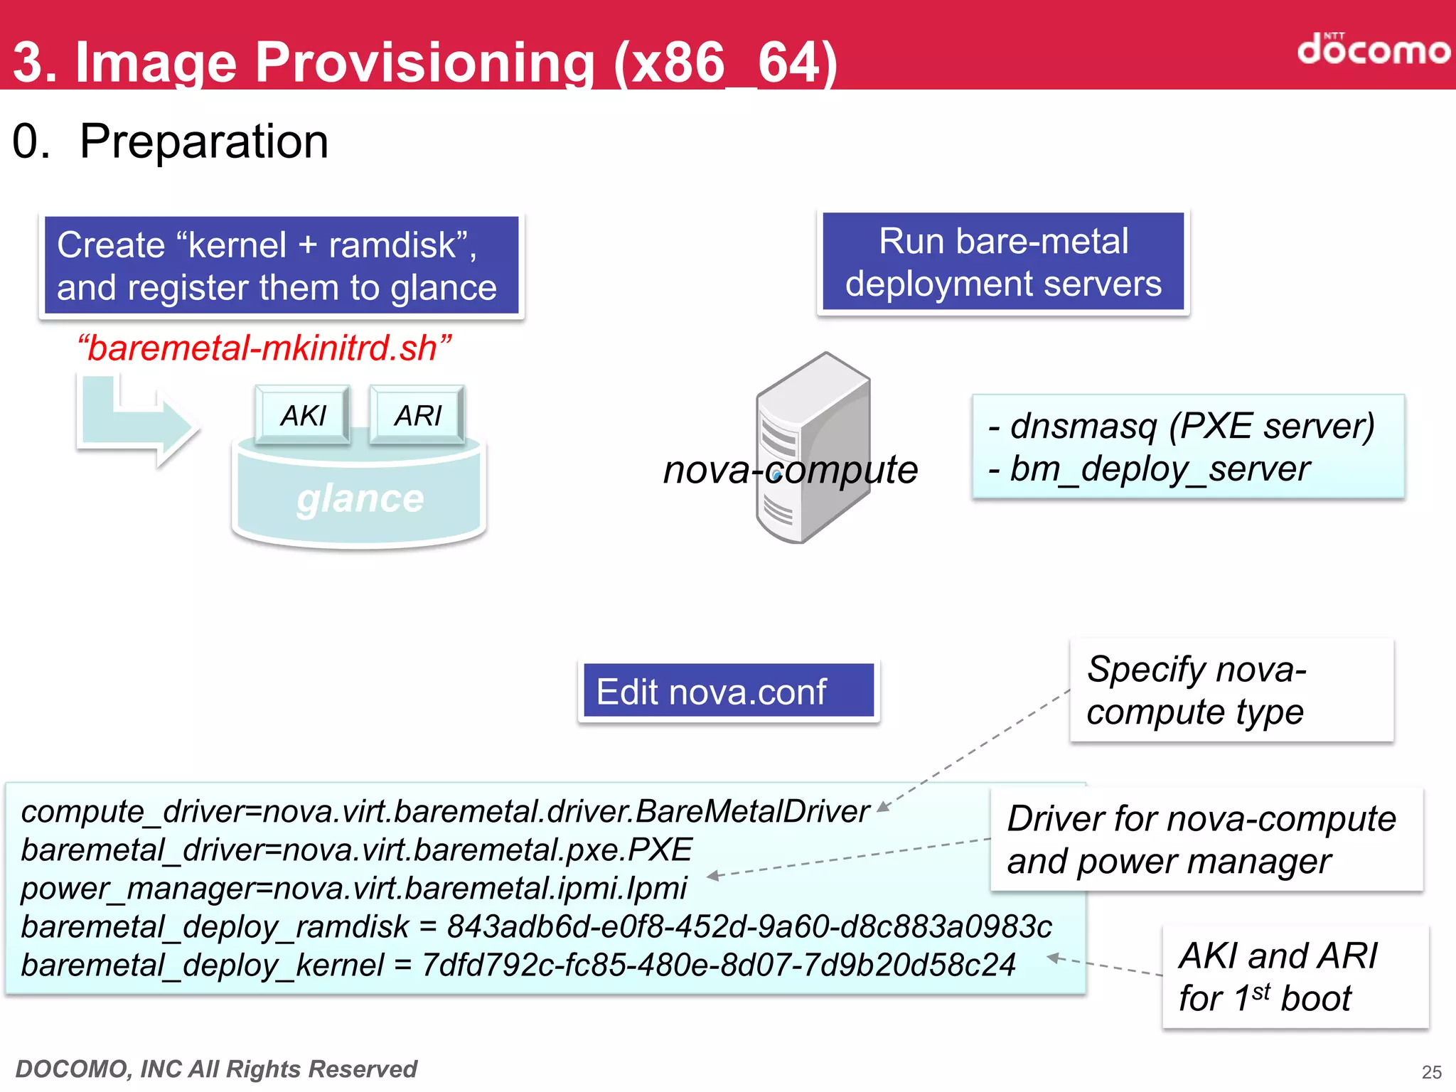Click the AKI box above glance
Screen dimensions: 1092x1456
click(303, 415)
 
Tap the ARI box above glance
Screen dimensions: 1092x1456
click(417, 415)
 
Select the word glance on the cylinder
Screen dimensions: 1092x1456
click(360, 499)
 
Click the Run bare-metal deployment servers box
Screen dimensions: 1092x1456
click(1002, 262)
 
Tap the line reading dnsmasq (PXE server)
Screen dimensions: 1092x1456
click(1182, 427)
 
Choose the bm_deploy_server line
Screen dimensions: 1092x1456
click(1150, 469)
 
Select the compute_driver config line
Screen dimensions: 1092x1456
click(445, 812)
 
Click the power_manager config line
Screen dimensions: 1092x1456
click(354, 889)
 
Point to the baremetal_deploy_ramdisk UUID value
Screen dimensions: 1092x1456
click(749, 927)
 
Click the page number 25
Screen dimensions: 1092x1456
click(1431, 1072)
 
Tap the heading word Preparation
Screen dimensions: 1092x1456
click(204, 141)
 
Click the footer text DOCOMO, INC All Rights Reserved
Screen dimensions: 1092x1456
click(216, 1069)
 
